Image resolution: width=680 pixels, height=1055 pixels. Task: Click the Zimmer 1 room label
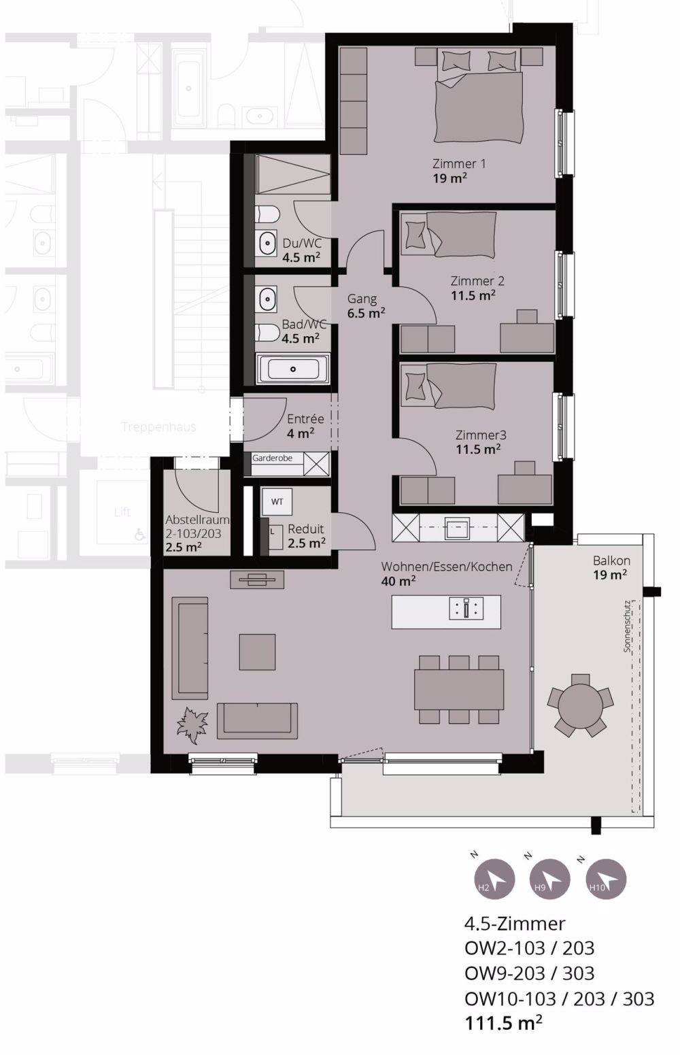459,164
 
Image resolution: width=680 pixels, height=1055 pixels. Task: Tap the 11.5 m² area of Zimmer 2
473,296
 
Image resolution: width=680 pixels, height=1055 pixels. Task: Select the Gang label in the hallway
362,299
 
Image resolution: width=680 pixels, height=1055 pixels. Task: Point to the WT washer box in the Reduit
277,502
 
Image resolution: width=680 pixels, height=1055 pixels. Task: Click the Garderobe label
272,458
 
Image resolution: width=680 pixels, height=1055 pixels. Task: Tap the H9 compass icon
549,879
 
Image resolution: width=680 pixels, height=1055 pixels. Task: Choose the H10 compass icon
606,879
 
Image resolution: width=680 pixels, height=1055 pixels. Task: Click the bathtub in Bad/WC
293,369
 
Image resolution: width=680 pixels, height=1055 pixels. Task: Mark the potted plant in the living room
192,725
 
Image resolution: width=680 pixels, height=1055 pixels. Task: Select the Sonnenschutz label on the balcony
628,626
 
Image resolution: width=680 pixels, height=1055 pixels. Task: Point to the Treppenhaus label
158,427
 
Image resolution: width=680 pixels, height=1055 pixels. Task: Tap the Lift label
122,512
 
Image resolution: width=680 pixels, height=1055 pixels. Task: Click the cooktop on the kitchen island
466,608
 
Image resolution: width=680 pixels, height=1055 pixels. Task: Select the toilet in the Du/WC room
268,216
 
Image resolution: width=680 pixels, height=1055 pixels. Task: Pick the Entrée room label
305,419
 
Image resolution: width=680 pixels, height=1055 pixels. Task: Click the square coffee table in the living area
257,652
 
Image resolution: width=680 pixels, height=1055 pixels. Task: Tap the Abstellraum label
197,520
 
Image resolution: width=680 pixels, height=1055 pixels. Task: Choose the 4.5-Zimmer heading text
514,924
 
